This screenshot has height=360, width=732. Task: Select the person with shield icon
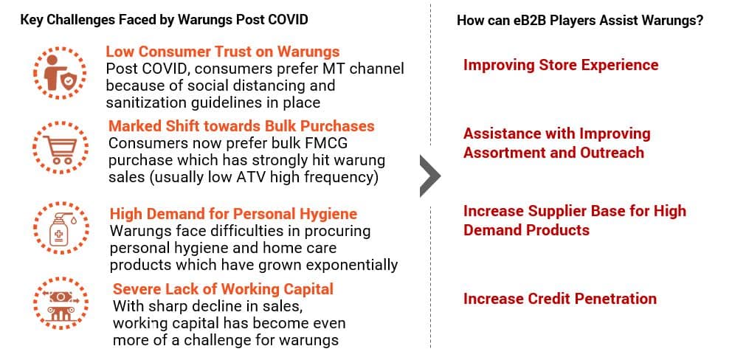(x=59, y=73)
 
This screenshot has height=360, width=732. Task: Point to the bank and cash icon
(x=61, y=303)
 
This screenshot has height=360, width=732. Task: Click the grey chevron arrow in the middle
(x=430, y=176)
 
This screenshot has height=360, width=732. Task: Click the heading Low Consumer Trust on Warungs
(x=223, y=52)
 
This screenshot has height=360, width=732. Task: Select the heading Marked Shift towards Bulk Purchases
(x=241, y=126)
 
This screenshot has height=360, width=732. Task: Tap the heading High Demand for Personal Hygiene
(x=233, y=214)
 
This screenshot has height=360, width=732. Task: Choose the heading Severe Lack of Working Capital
(x=223, y=289)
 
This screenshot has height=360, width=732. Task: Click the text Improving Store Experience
(x=561, y=64)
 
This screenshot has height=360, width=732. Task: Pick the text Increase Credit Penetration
(x=560, y=298)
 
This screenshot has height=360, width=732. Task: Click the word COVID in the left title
(x=288, y=21)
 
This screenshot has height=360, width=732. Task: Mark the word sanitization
(x=144, y=103)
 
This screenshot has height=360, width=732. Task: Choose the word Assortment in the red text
(x=513, y=153)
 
